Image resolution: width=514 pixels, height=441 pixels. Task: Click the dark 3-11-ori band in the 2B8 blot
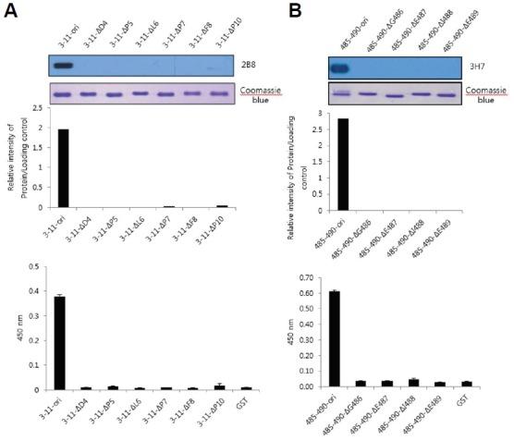pos(63,66)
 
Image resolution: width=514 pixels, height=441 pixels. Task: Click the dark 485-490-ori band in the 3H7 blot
pos(342,68)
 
